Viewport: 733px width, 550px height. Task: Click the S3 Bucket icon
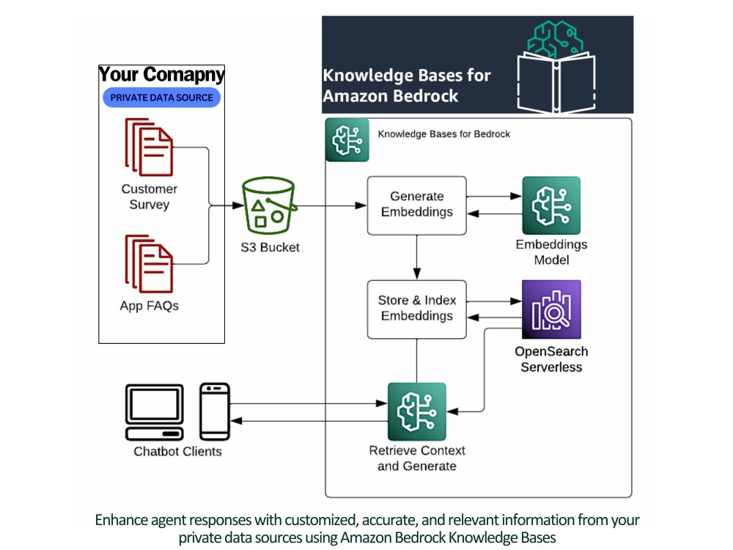coord(269,208)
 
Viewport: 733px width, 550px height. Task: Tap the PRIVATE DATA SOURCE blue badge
coord(162,98)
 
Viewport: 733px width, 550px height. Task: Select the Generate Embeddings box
coord(416,205)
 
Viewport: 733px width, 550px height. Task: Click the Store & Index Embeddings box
coord(416,309)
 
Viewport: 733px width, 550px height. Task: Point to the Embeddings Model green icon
coord(551,205)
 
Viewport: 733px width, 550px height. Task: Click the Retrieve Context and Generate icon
coord(416,411)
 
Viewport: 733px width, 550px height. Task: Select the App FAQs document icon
coord(150,263)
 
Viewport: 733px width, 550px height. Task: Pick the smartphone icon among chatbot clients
coord(215,411)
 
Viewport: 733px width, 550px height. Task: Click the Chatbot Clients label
coord(177,452)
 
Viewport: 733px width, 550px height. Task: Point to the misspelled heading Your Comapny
coord(161,75)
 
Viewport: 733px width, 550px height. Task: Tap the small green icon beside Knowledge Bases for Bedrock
coord(347,139)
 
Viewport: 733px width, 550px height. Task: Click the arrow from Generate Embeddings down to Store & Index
coord(416,257)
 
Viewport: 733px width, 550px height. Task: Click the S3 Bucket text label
coord(270,247)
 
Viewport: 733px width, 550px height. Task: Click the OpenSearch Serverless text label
coord(551,359)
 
